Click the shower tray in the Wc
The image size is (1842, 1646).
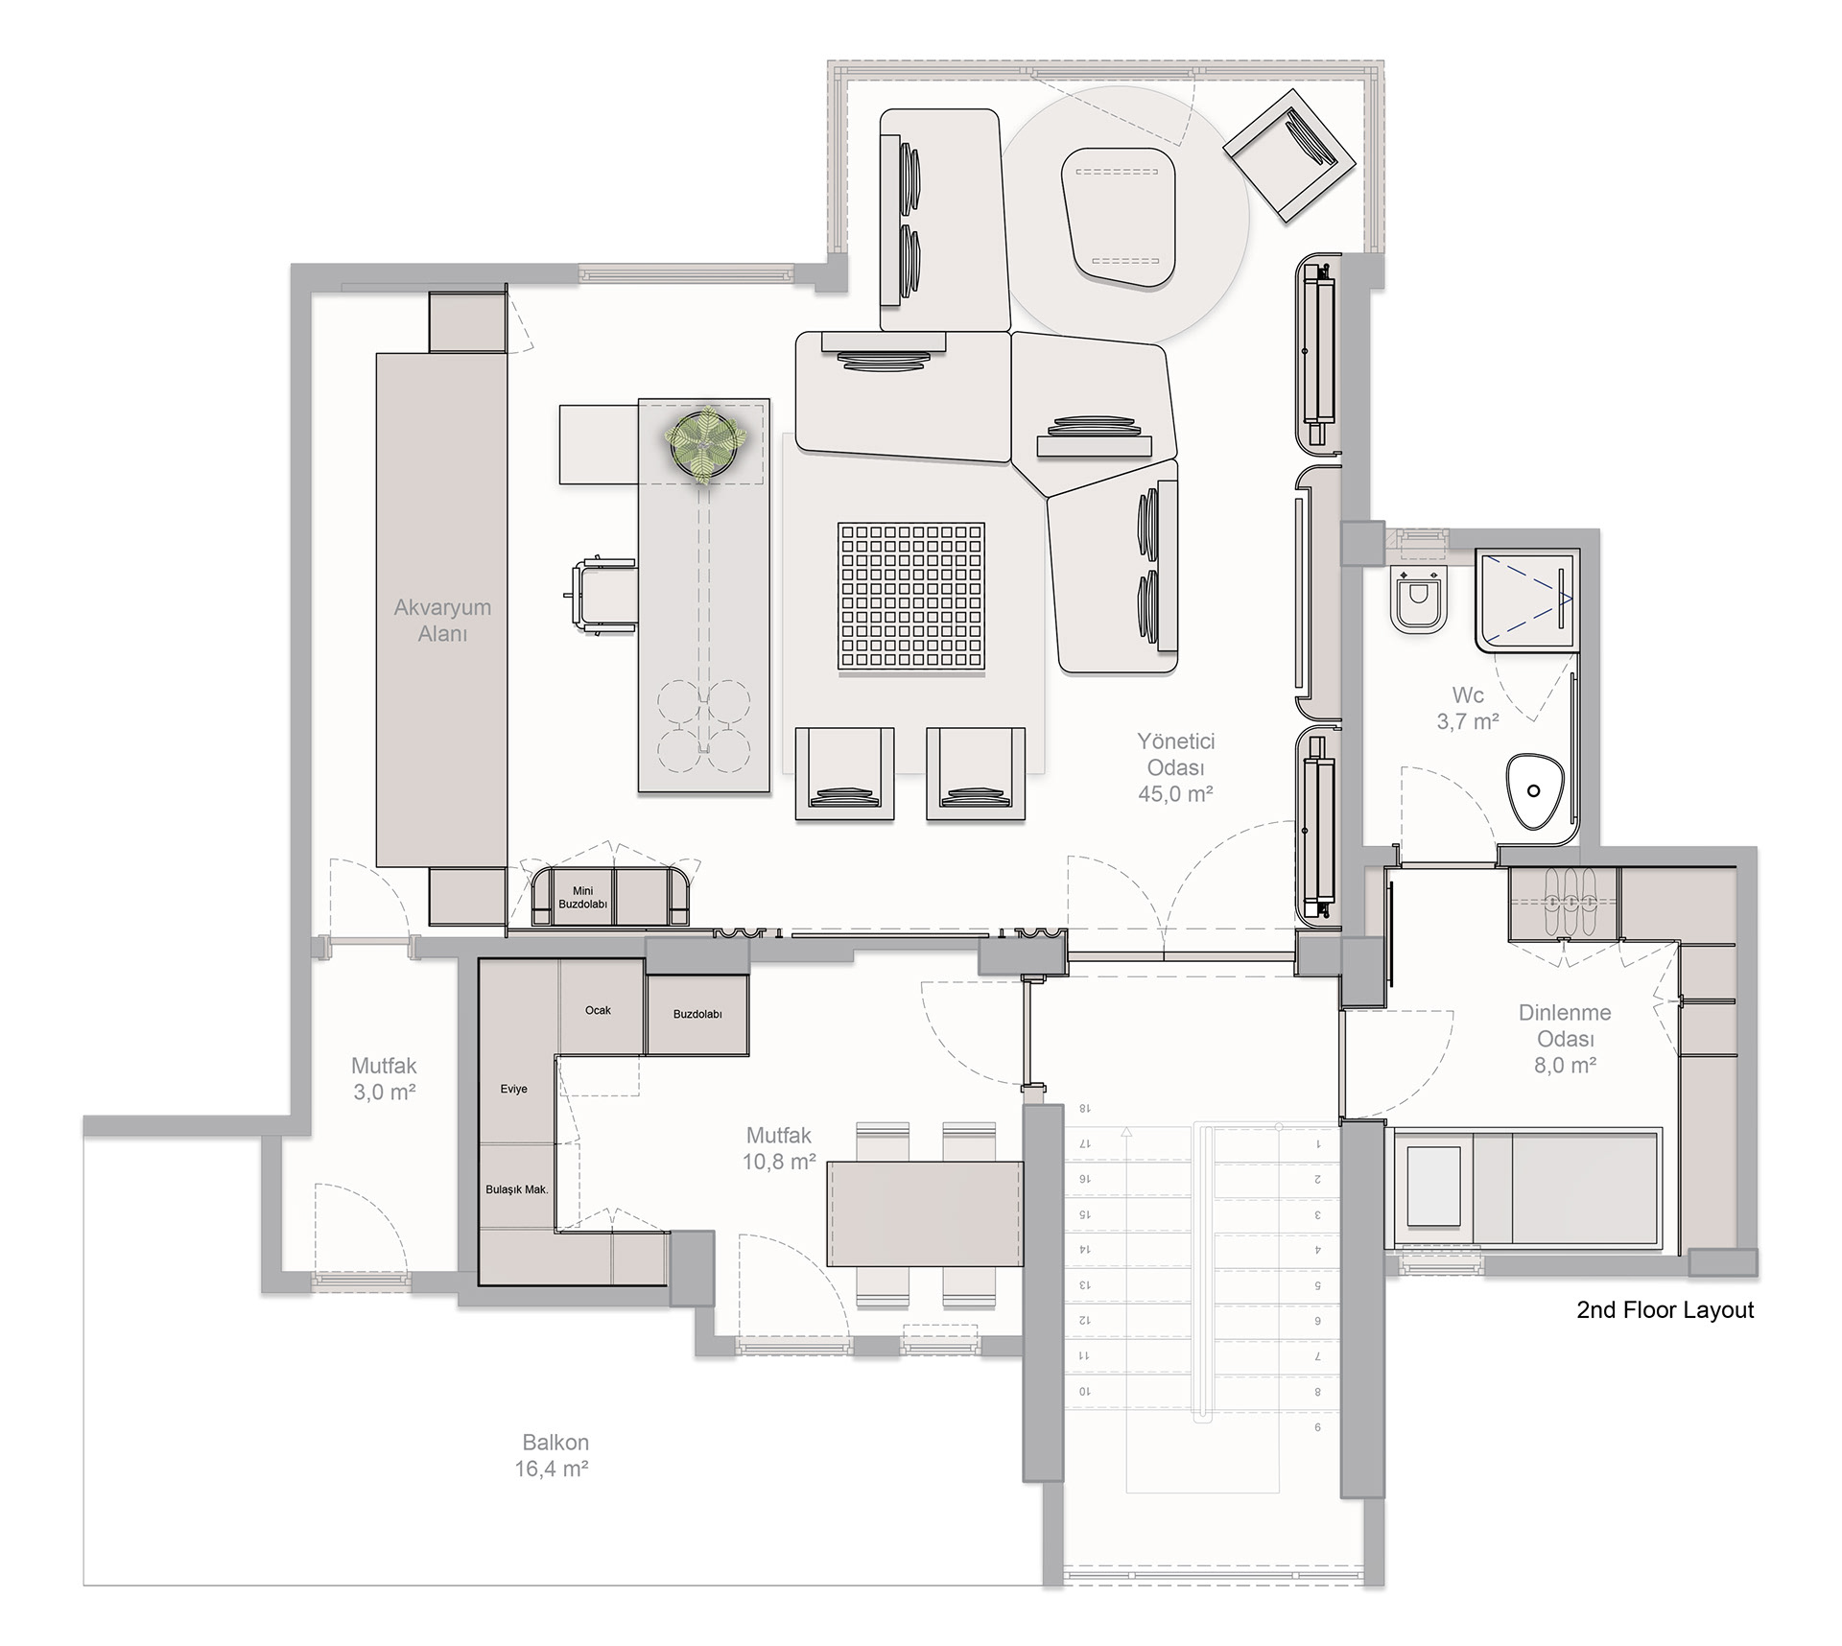1526,600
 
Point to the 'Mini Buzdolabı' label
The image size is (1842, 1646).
582,898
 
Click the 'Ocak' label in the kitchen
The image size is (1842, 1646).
598,1010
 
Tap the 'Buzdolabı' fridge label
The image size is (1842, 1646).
697,1014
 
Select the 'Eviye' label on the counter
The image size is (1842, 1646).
514,1089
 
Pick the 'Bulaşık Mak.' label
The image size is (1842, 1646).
517,1189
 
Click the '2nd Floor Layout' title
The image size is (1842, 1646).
1665,1310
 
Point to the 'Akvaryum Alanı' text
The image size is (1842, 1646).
442,620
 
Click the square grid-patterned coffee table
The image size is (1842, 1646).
911,597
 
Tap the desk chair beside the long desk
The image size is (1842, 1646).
601,596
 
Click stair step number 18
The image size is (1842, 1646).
1085,1109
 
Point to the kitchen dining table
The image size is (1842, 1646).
926,1214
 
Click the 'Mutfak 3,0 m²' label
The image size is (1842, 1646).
384,1078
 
